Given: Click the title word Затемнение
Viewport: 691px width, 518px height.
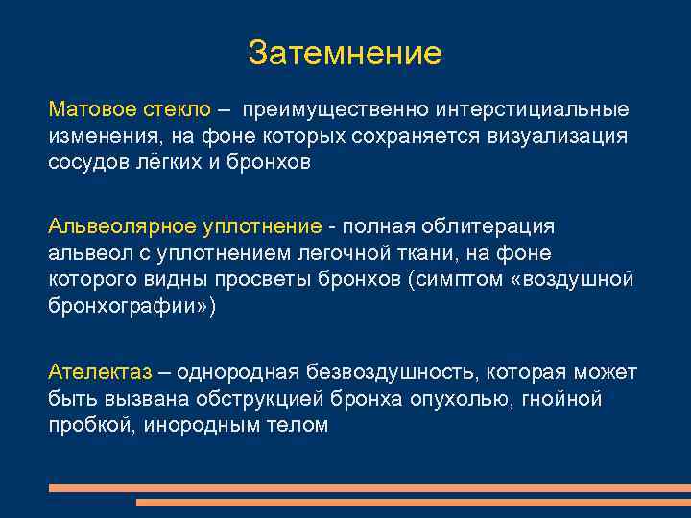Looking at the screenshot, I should point(345,53).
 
